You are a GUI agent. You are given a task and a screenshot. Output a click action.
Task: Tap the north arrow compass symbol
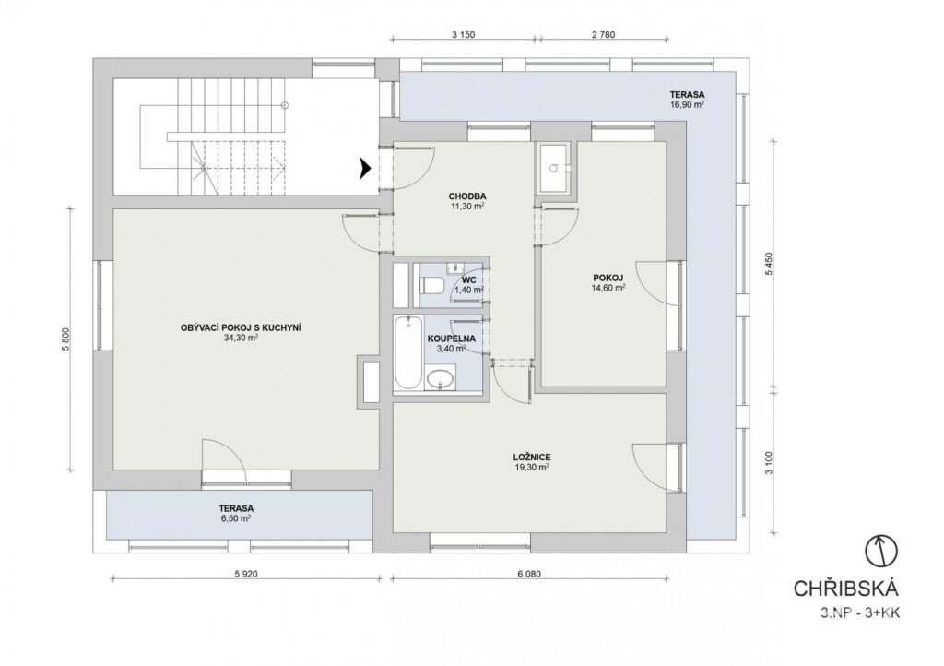point(881,551)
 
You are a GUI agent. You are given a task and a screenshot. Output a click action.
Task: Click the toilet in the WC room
point(431,284)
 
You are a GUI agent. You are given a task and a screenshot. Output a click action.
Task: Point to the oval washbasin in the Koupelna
point(442,380)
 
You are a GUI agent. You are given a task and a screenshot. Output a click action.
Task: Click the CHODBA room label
point(467,196)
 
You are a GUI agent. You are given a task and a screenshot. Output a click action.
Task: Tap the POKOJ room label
point(608,278)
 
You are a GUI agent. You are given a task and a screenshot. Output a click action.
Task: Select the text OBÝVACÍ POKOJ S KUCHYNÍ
point(241,327)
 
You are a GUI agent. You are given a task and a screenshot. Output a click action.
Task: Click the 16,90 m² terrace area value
point(688,104)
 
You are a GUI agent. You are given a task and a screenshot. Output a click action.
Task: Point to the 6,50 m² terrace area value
point(235,517)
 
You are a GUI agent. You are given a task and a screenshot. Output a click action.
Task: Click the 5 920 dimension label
point(245,574)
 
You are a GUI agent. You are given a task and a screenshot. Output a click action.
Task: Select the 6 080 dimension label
point(528,574)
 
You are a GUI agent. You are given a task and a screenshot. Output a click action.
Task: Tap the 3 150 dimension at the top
point(463,35)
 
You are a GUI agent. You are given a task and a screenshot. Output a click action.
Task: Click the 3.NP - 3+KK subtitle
point(860,613)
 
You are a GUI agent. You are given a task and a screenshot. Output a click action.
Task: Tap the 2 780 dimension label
point(603,35)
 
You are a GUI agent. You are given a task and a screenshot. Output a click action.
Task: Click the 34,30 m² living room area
point(241,338)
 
